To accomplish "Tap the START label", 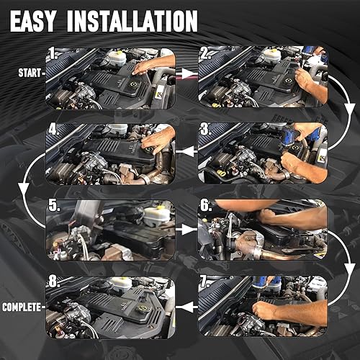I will coord(28,73).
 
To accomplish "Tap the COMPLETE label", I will coord(22,307).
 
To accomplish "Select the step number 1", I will coord(52,52).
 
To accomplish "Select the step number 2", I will coord(204,52).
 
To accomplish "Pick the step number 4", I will coord(52,130).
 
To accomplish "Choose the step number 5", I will coord(52,206).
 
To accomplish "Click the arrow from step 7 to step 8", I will coord(186,307).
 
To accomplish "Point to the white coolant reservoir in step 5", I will coord(153,215).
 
